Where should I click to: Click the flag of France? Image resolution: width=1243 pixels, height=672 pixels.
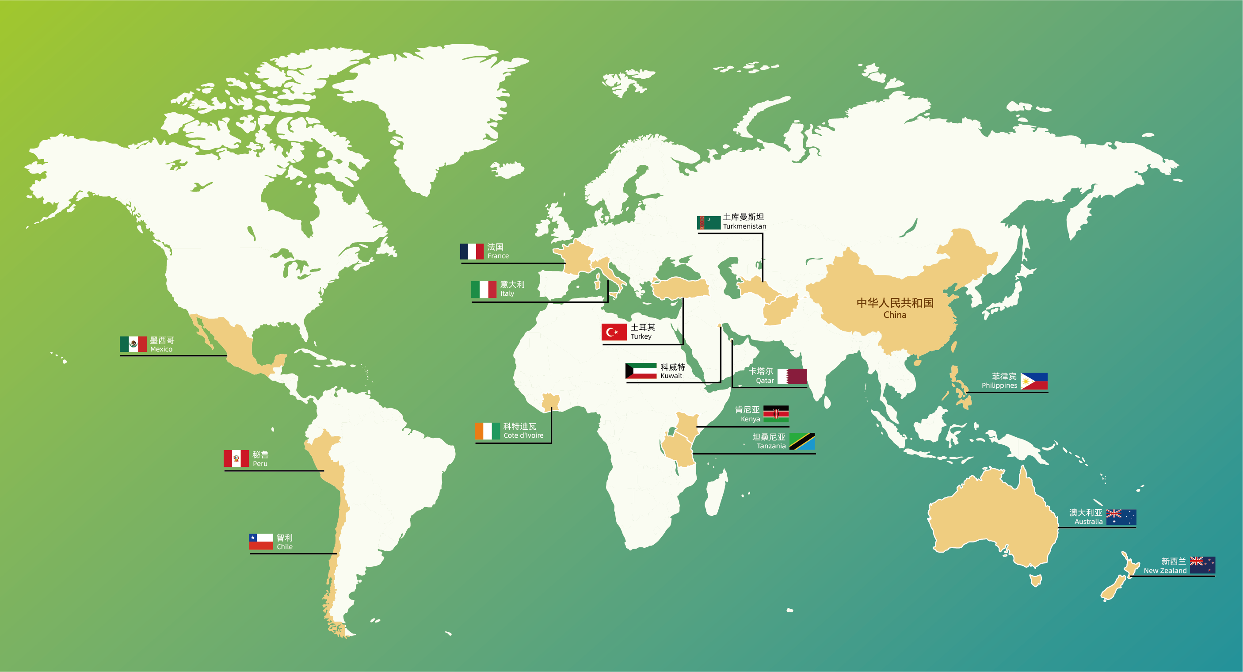[472, 252]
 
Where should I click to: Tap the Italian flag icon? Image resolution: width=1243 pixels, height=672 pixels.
[484, 289]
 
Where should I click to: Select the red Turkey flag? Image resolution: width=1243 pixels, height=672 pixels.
[614, 332]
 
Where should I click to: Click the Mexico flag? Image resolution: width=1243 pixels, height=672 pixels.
[133, 344]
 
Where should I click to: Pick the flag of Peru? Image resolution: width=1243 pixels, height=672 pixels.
[236, 458]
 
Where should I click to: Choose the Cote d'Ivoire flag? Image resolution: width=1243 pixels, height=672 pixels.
[487, 431]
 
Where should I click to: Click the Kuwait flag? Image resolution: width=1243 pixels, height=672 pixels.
[641, 371]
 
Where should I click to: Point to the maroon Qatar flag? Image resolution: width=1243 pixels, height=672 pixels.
[792, 376]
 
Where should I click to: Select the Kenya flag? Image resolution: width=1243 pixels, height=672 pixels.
[776, 414]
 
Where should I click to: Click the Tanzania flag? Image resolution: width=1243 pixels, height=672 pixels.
[802, 441]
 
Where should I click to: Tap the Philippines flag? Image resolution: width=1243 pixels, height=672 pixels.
[1034, 381]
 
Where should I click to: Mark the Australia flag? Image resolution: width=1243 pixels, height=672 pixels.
[1121, 517]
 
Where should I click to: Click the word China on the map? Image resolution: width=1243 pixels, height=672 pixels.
[895, 315]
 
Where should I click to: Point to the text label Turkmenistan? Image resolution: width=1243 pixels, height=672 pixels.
[744, 226]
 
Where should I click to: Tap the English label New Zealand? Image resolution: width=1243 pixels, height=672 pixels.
[1165, 571]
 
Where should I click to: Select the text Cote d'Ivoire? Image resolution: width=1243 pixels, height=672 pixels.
[523, 435]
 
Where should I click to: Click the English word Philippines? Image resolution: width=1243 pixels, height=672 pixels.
[999, 386]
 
